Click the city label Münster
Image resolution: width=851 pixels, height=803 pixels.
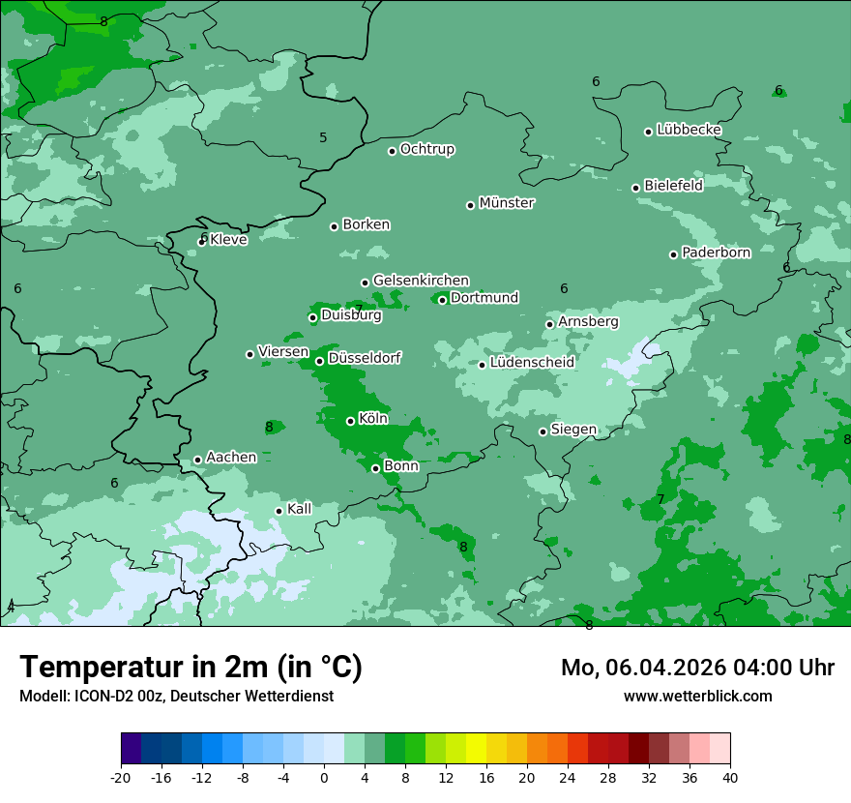[x=507, y=203]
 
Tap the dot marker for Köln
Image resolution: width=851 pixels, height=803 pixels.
[x=350, y=421]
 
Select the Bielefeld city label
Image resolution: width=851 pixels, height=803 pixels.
[x=673, y=185]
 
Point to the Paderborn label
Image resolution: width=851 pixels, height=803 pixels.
[x=716, y=253]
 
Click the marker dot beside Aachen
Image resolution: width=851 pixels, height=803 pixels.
[x=197, y=461]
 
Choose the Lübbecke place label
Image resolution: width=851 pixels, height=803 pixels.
[x=689, y=130]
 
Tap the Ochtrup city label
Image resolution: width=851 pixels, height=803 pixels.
[x=426, y=149]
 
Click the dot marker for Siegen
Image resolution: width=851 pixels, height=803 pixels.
[x=543, y=431]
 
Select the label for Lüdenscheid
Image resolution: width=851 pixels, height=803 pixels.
[x=532, y=363]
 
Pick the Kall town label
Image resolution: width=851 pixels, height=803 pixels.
[x=299, y=509]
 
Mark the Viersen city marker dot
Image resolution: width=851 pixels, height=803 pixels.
[x=249, y=354]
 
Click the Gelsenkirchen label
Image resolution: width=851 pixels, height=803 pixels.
[x=421, y=281]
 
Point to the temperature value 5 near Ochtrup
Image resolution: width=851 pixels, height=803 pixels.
[x=323, y=137]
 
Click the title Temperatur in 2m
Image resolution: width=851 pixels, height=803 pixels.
[x=191, y=668]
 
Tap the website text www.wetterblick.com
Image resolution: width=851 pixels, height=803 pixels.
[x=697, y=696]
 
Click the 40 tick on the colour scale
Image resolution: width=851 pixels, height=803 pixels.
[x=730, y=777]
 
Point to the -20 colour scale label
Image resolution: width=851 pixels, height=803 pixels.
[x=121, y=777]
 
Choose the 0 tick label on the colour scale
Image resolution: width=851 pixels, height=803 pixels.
[x=324, y=777]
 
